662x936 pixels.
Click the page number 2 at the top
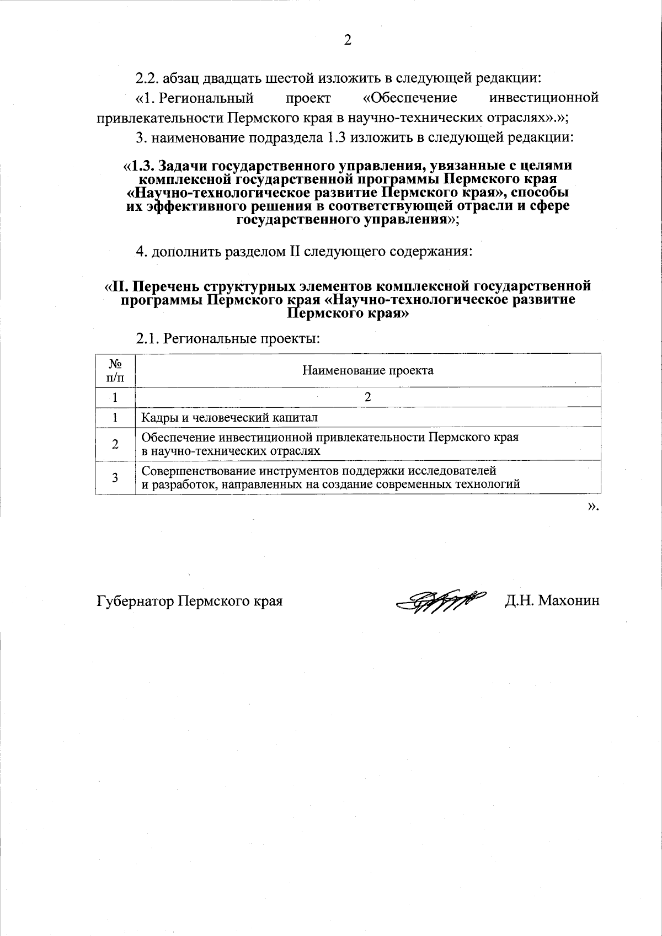click(x=347, y=40)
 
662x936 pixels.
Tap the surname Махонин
click(x=568, y=600)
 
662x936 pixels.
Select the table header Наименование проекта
click(x=368, y=370)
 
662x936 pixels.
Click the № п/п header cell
click(x=115, y=370)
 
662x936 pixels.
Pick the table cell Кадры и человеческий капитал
click(x=229, y=418)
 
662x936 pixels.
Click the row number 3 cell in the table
click(x=115, y=477)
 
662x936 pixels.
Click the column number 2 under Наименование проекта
click(x=368, y=397)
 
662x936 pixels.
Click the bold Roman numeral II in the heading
click(x=121, y=286)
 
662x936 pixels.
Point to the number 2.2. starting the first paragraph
click(x=147, y=77)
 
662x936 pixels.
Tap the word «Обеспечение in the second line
click(x=410, y=98)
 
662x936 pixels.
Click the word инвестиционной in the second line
click(x=544, y=98)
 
